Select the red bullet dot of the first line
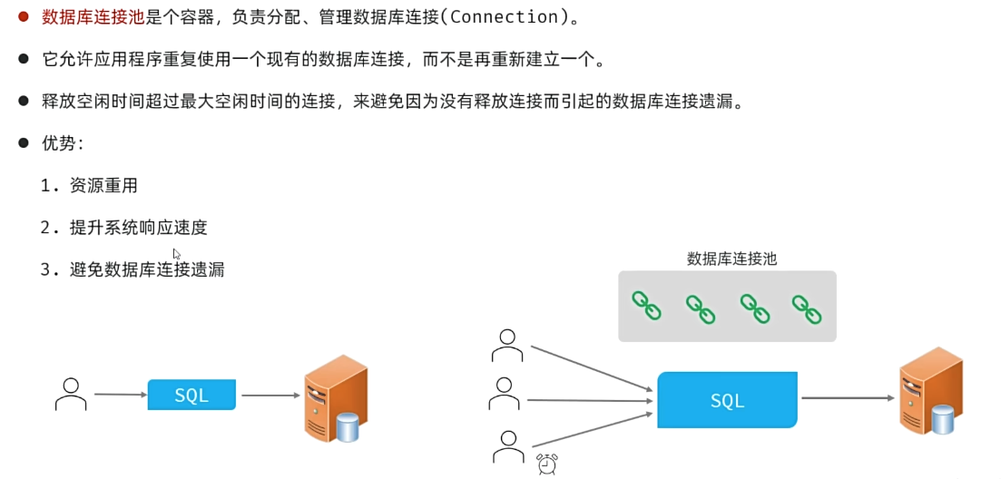(x=25, y=16)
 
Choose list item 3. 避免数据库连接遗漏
(x=132, y=269)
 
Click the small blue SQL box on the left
(x=191, y=396)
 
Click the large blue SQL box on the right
(x=727, y=400)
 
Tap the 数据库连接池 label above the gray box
(x=731, y=259)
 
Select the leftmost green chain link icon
(x=647, y=306)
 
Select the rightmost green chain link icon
(x=807, y=308)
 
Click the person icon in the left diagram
(x=70, y=394)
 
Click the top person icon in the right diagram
(x=506, y=346)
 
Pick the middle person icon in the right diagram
(x=505, y=396)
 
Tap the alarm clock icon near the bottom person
(x=547, y=464)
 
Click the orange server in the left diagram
(x=335, y=397)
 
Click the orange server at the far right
(x=930, y=390)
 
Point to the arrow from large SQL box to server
(x=848, y=398)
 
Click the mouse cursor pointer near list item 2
(x=176, y=255)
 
